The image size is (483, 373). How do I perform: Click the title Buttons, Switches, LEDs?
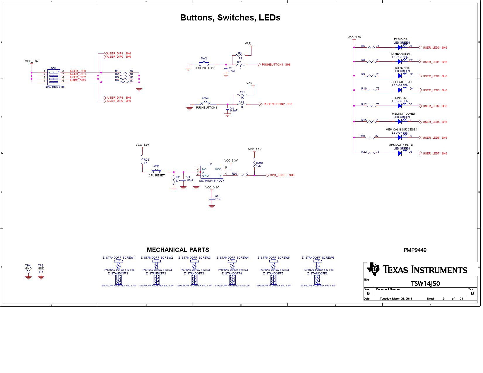click(230, 18)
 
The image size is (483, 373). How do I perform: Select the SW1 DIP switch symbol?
click(54, 77)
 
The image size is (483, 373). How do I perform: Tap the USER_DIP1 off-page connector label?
click(115, 54)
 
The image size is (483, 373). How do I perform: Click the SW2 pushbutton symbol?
click(204, 63)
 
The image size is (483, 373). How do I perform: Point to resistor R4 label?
click(240, 53)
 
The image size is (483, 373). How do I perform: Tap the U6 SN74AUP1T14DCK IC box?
click(211, 172)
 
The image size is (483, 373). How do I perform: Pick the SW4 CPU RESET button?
click(157, 171)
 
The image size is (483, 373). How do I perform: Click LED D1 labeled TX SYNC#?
click(400, 47)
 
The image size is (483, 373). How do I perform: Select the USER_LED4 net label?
click(431, 106)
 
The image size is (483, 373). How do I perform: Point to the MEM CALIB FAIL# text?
click(400, 145)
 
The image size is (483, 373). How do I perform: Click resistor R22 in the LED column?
click(372, 152)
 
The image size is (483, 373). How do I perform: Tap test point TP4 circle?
click(28, 272)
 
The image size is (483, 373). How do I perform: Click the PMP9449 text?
click(415, 250)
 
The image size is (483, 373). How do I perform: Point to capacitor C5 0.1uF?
click(212, 199)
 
